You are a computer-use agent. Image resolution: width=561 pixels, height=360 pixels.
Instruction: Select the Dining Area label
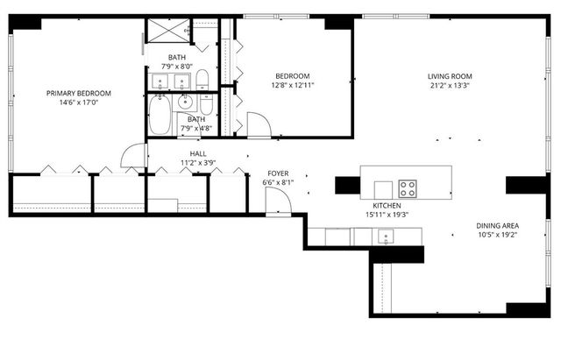point(498,225)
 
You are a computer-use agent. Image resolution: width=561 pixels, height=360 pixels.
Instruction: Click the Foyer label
point(278,173)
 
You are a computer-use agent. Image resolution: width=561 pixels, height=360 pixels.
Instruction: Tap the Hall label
point(198,154)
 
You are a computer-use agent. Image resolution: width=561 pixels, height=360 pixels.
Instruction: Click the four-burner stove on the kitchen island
point(408,189)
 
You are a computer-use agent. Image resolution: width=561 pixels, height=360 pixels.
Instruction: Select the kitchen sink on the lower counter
point(384,236)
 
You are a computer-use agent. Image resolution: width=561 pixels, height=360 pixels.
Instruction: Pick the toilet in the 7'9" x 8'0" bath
point(202,81)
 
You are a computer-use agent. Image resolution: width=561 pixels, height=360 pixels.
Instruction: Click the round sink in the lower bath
point(185,102)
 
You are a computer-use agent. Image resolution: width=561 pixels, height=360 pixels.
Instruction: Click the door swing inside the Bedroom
point(259,124)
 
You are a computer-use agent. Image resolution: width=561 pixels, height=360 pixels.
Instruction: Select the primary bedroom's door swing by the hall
point(134,156)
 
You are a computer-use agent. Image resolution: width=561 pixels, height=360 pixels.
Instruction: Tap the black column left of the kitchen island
point(347,186)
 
